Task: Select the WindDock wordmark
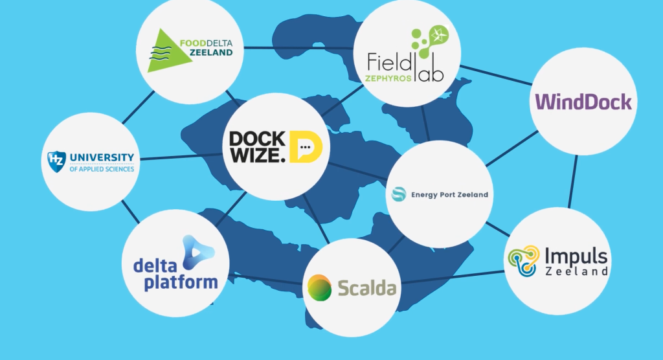(x=581, y=102)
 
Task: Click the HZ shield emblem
(x=56, y=161)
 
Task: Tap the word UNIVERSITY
(x=101, y=157)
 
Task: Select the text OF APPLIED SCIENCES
(x=101, y=169)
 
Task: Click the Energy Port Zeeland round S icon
(x=399, y=194)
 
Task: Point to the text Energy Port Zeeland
(x=449, y=195)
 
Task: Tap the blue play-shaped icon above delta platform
(x=194, y=251)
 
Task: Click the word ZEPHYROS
(x=388, y=76)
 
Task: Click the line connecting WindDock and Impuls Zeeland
(x=574, y=181)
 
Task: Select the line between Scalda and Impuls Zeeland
(x=453, y=278)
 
